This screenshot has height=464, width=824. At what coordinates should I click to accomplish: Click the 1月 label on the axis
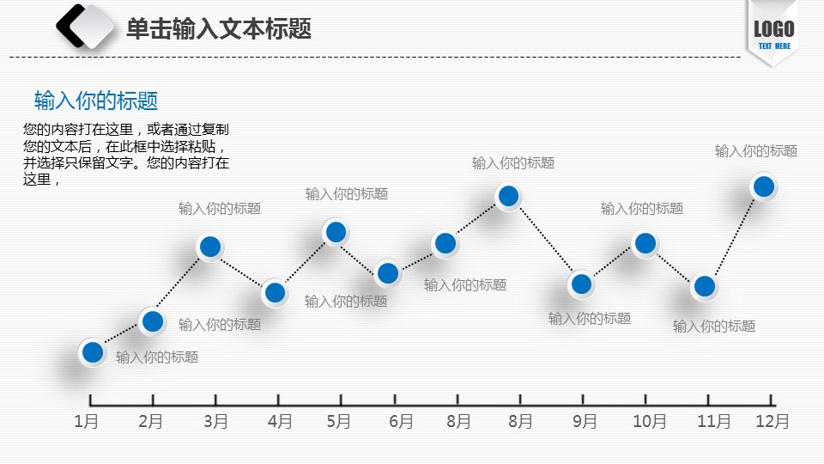(x=86, y=421)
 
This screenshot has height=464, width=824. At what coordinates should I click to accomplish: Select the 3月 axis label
(x=216, y=421)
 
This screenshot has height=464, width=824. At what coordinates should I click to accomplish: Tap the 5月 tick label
(x=339, y=421)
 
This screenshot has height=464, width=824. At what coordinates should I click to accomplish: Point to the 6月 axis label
(x=401, y=421)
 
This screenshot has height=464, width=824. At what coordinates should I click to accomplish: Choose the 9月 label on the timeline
(x=585, y=421)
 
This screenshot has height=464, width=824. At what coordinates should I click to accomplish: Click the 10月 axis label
(x=650, y=421)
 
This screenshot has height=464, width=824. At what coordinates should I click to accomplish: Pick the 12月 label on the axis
(x=772, y=421)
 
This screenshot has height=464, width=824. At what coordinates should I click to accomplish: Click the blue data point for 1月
(x=92, y=352)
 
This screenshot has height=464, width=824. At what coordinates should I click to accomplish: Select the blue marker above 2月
(x=153, y=321)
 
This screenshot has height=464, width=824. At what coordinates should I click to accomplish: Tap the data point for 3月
(x=210, y=247)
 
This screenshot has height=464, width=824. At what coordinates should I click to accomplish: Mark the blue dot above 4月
(x=275, y=293)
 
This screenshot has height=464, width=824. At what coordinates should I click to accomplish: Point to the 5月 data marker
(x=336, y=231)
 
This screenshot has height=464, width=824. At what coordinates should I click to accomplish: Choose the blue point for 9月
(x=581, y=284)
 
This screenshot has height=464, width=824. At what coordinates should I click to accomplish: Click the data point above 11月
(x=705, y=286)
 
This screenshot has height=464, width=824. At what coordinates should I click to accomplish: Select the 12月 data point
(x=763, y=186)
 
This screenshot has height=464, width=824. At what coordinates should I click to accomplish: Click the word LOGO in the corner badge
(x=773, y=28)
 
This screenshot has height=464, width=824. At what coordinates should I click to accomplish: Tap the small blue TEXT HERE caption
(x=774, y=46)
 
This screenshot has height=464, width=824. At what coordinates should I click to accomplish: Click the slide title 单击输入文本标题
(x=218, y=29)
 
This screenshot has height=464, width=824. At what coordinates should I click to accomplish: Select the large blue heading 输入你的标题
(x=96, y=101)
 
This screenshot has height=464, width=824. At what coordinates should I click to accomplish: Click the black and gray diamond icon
(x=87, y=26)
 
